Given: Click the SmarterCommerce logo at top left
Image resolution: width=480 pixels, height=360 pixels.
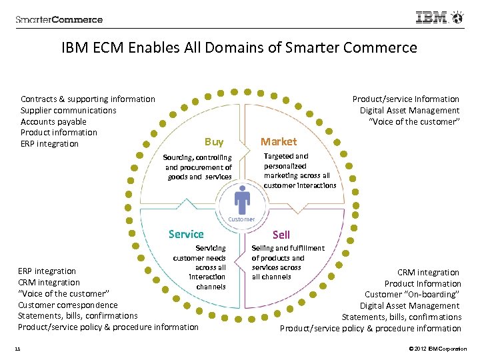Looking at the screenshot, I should pyautogui.click(x=59, y=19).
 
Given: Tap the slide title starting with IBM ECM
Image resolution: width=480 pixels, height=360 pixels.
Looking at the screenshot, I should pyautogui.click(x=239, y=48).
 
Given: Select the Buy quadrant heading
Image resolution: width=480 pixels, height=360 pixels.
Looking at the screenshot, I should pyautogui.click(x=214, y=141).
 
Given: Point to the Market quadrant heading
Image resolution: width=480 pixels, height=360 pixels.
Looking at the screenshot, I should pyautogui.click(x=279, y=141).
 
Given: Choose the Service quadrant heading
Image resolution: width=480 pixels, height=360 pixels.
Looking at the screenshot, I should pyautogui.click(x=186, y=234).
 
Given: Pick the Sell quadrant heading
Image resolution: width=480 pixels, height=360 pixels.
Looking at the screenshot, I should pyautogui.click(x=281, y=235).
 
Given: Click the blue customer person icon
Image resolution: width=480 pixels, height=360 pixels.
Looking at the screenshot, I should pyautogui.click(x=241, y=200).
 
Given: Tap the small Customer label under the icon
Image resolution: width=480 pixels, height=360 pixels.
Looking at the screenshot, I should pyautogui.click(x=241, y=219).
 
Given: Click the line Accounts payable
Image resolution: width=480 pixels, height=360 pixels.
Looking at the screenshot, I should pyautogui.click(x=53, y=121).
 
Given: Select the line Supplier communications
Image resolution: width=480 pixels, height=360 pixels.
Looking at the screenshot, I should pyautogui.click(x=68, y=111).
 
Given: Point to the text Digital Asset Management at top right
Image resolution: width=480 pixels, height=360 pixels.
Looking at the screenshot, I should pyautogui.click(x=409, y=111).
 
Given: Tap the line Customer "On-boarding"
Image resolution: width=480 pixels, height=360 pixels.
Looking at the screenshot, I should pyautogui.click(x=413, y=294).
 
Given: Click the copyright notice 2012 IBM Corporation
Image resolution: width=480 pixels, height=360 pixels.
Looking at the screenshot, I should pyautogui.click(x=436, y=349).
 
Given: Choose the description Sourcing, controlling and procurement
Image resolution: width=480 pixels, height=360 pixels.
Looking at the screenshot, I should pyautogui.click(x=198, y=167).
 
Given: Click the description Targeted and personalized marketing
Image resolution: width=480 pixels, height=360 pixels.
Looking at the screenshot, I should pyautogui.click(x=299, y=171).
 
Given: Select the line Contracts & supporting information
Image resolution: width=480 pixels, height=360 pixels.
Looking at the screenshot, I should pyautogui.click(x=87, y=99).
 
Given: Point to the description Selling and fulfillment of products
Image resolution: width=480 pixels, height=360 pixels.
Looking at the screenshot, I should pyautogui.click(x=287, y=262).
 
